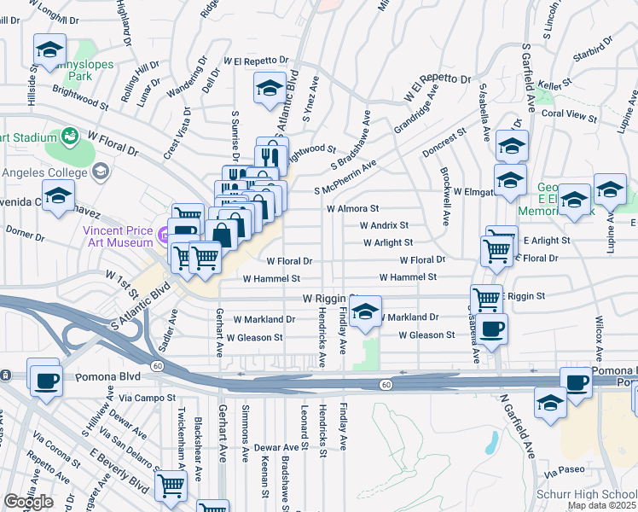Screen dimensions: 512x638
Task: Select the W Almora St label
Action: click(351, 208)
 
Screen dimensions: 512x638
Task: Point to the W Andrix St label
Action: click(384, 226)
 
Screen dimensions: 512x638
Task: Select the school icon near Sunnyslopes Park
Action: click(49, 49)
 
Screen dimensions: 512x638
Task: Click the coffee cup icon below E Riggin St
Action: click(490, 329)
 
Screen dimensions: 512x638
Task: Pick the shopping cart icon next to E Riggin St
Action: click(486, 299)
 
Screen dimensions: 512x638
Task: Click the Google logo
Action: click(28, 502)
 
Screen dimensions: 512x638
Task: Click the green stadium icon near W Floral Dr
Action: click(69, 136)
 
